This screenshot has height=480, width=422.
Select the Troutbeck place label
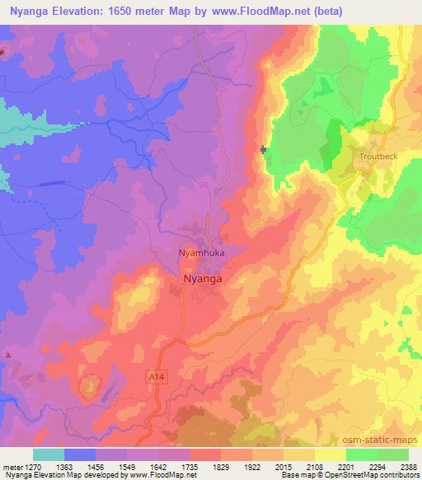378,155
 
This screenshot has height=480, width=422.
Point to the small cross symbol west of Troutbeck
264,149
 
